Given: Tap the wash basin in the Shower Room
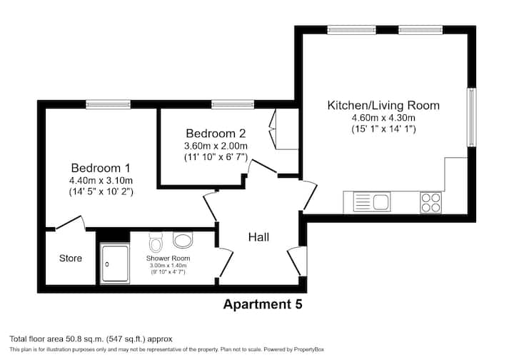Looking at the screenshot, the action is coord(183,240).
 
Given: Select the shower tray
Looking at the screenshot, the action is coord(115,264).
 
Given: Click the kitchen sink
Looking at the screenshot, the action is coord(372,201).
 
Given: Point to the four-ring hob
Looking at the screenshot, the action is coord(430,202).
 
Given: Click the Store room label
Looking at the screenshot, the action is coord(71,259).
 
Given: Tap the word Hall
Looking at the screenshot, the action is coord(258,237).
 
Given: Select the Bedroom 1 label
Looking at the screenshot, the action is coord(101,168).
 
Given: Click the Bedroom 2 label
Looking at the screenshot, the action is coord(216,134).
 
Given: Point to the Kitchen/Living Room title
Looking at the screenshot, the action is coord(383,105).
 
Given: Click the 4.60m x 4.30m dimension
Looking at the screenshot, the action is coord(383,117).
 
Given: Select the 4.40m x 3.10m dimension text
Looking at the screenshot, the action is coord(101,180).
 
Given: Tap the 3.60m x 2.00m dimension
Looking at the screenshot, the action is coord(216,146).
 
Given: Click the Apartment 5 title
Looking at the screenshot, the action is coord(263,304).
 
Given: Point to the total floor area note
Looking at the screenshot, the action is coord(91,339).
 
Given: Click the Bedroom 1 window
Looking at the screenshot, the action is coord(109,104).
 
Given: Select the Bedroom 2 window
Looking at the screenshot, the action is coord(233,104).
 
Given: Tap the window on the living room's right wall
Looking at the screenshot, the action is coord(471,117).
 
